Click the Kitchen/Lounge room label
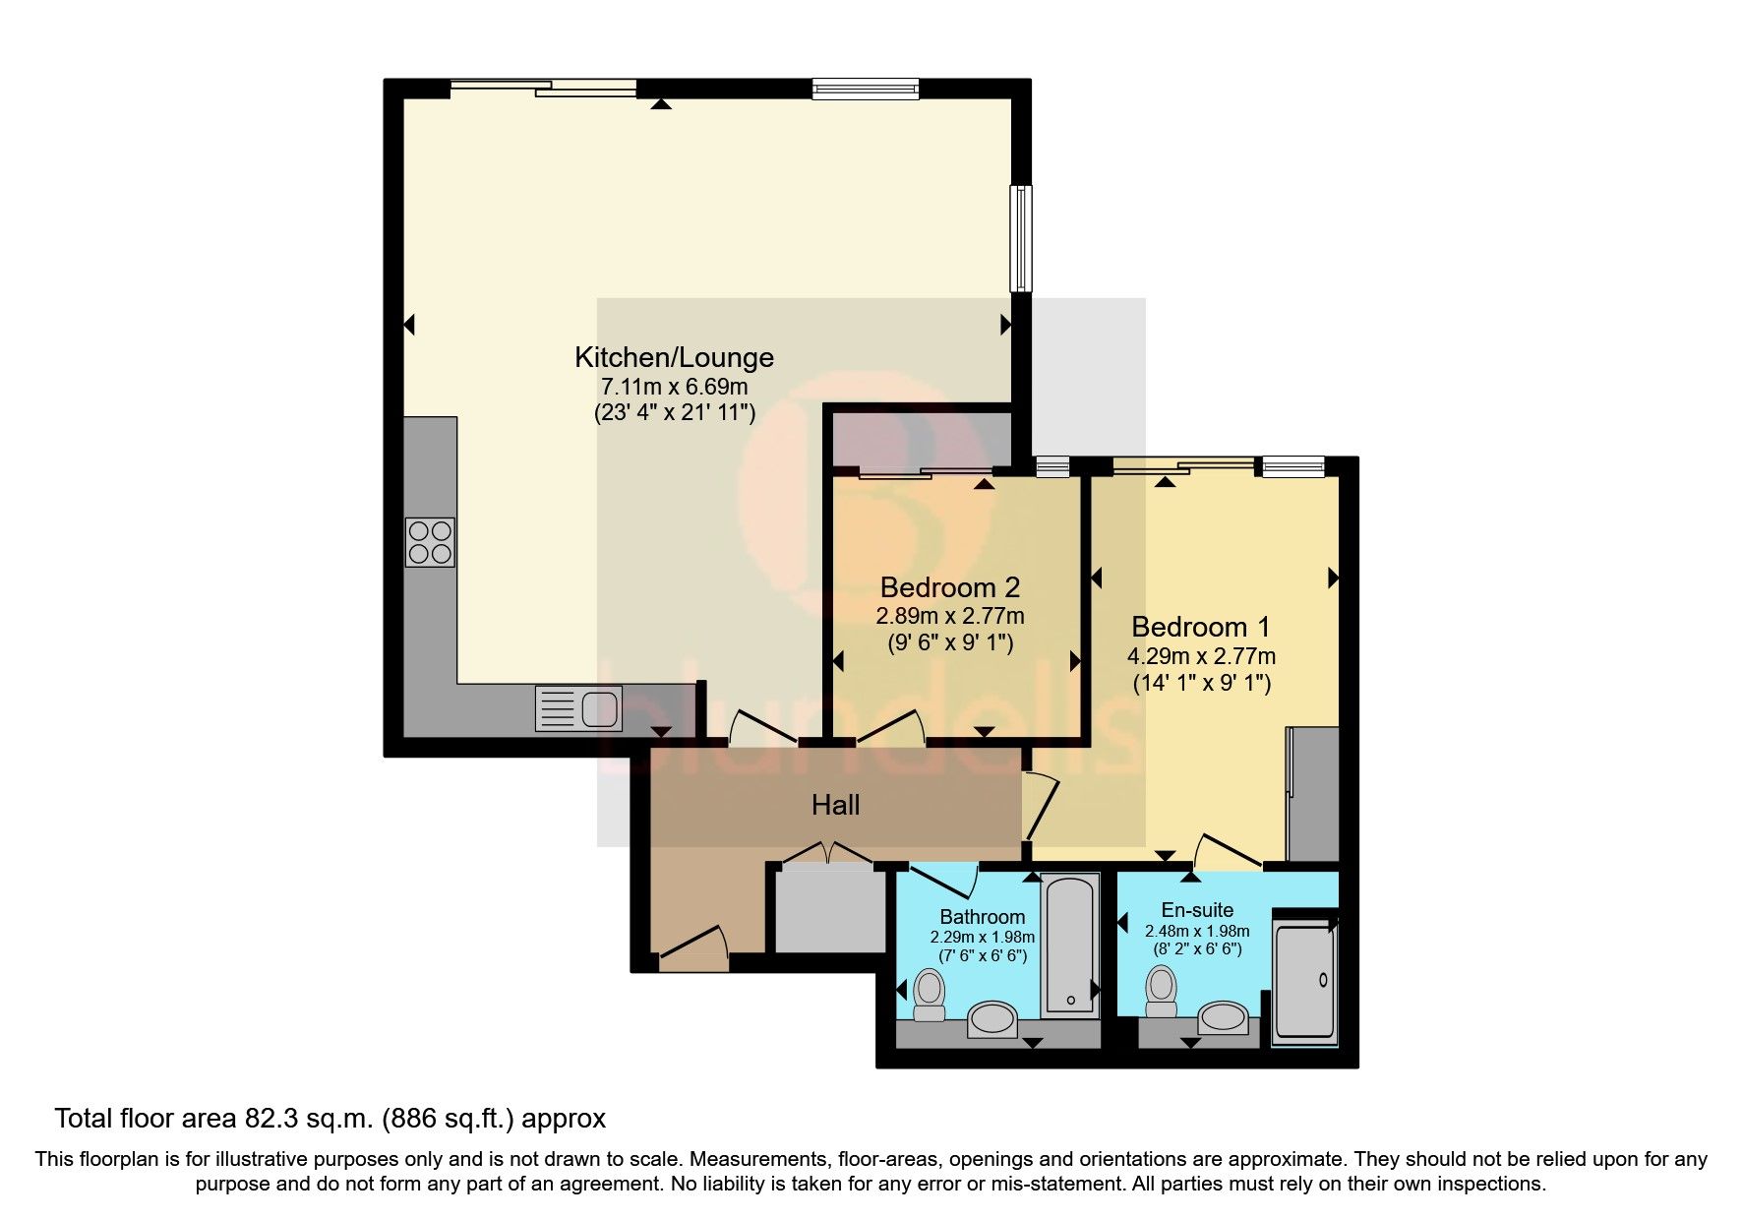click(674, 356)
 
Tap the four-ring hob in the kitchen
click(430, 541)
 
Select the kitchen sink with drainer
click(578, 708)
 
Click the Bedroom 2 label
click(949, 587)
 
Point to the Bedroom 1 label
click(1200, 627)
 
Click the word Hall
click(835, 806)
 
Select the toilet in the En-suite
click(1162, 991)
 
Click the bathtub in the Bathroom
click(1068, 945)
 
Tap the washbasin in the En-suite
click(1225, 1017)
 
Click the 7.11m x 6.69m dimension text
click(674, 386)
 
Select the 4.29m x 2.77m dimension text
click(1202, 656)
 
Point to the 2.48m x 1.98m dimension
click(1197, 931)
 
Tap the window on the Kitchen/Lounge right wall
click(1023, 238)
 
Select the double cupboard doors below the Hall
click(826, 852)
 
